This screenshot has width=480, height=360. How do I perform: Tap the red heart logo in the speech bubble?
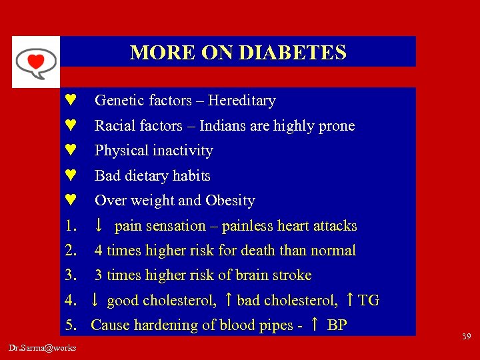35,62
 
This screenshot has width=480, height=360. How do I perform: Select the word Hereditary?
241,101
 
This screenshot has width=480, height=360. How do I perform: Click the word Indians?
223,126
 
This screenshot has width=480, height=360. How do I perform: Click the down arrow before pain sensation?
98,226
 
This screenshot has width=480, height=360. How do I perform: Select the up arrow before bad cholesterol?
229,301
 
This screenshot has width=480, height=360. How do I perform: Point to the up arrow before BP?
315,325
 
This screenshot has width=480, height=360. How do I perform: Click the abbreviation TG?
369,301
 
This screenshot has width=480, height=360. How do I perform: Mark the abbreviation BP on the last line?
337,325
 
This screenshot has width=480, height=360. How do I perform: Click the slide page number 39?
465,337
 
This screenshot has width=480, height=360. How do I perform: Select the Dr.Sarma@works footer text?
43,347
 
